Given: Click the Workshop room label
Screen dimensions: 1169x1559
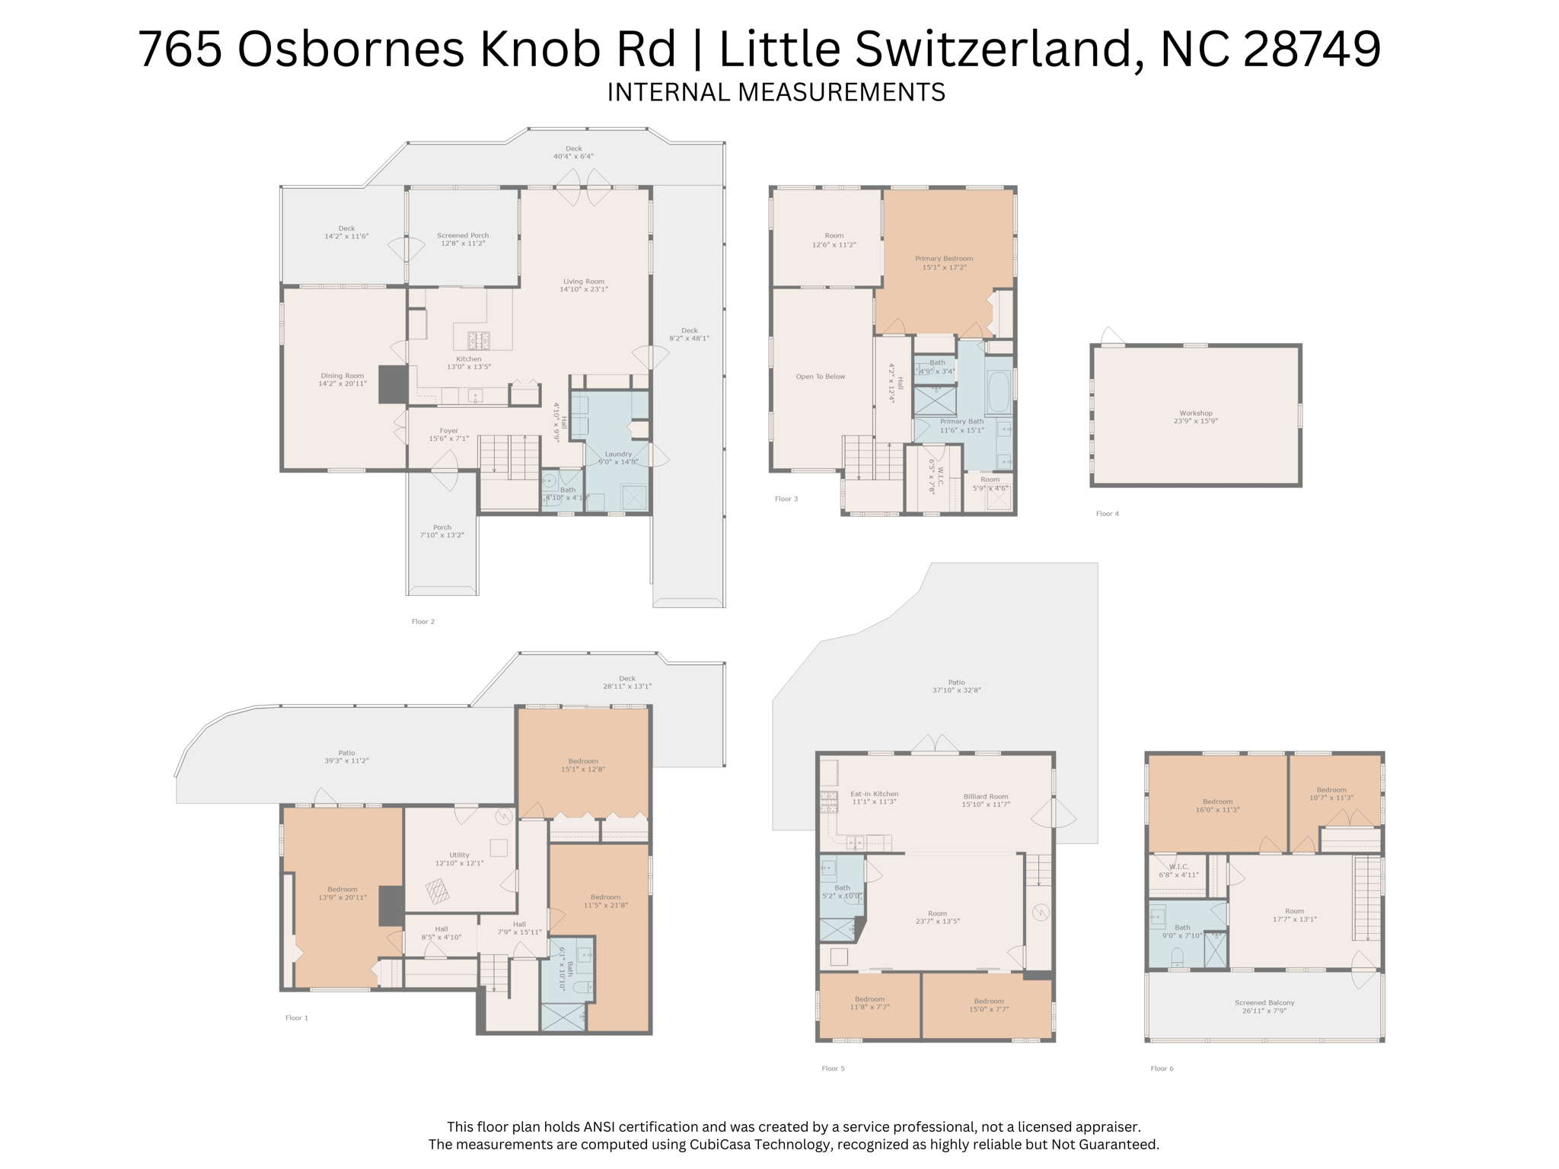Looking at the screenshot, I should pyautogui.click(x=1195, y=413).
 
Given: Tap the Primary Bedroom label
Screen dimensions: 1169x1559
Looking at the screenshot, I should pyautogui.click(x=944, y=259).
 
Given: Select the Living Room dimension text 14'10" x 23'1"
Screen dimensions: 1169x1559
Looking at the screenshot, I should pyautogui.click(x=584, y=290).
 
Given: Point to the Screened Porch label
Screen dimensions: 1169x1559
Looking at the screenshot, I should pyautogui.click(x=463, y=236).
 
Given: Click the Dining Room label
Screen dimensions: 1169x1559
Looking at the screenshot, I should pyautogui.click(x=343, y=376).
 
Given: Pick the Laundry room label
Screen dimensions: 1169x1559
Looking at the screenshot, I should pyautogui.click(x=618, y=454).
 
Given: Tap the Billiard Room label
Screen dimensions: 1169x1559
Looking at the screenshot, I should pyautogui.click(x=985, y=797).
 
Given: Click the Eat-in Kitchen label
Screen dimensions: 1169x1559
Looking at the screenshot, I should pyautogui.click(x=874, y=794).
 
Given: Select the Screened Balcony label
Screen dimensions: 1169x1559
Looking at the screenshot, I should pyautogui.click(x=1264, y=1003).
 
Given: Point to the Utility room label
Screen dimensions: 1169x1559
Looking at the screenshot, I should pyautogui.click(x=459, y=855).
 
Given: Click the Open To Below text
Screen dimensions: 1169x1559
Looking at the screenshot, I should pyautogui.click(x=820, y=377).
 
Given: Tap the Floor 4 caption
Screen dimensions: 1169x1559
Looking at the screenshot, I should pyautogui.click(x=1107, y=514).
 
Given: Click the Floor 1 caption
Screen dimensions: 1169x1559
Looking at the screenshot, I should pyautogui.click(x=297, y=1018).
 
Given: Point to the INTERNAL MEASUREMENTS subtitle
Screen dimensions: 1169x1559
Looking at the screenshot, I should pyautogui.click(x=776, y=92).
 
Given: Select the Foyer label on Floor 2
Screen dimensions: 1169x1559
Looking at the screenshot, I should pyautogui.click(x=449, y=431).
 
